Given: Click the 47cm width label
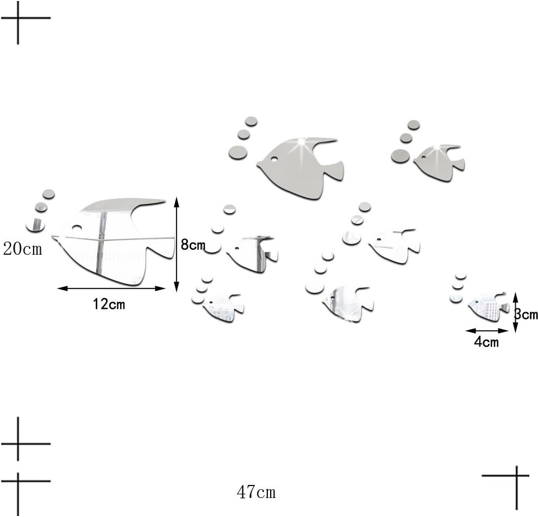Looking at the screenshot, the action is (x=256, y=493).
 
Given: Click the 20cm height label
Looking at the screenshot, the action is (x=23, y=249).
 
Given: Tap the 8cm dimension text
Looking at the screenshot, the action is (x=193, y=245).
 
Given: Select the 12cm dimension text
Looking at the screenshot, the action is (x=109, y=304).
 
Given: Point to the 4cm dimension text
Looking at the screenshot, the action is (x=486, y=342).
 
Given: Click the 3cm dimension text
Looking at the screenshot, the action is (x=526, y=314).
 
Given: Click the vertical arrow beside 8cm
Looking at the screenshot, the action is (x=177, y=244).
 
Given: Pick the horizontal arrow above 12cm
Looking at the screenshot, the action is (x=111, y=288).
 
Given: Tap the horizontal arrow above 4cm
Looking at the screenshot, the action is (x=487, y=331).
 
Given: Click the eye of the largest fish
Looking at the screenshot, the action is (x=76, y=228).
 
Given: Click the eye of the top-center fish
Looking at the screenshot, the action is (x=274, y=159).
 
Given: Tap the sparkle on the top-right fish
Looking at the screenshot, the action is (x=437, y=148).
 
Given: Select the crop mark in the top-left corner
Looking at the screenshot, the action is (x=18, y=18).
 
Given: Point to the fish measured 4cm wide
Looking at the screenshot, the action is (x=489, y=307).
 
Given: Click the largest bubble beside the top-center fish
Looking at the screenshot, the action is (x=238, y=152).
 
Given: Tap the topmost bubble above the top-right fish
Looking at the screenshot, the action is (x=414, y=125).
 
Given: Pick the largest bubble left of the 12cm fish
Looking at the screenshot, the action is (x=35, y=225).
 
